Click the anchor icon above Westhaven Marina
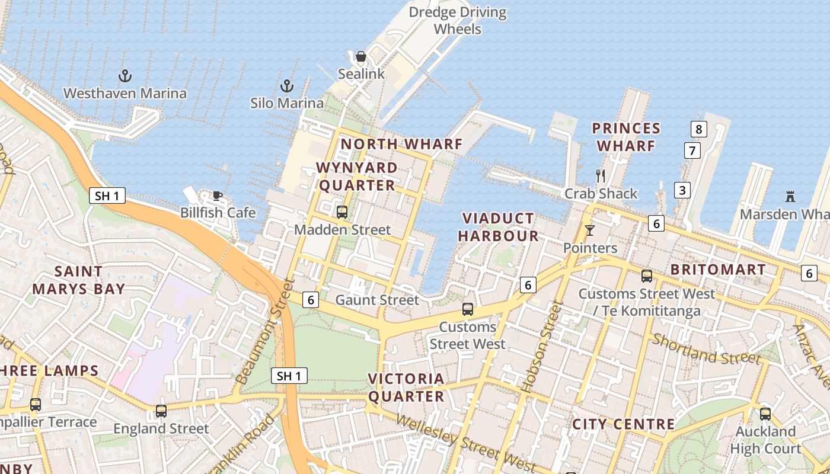pos(124,76)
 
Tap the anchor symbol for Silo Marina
pos(287,86)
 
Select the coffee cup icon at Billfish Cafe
pos(218,196)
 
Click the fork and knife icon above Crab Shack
pos(601,175)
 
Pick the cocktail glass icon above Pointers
pos(589,230)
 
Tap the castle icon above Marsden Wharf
pos(790,196)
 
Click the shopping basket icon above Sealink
pos(361,57)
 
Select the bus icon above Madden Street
pos(342,212)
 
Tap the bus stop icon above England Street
pos(161,411)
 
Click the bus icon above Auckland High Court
pos(765,414)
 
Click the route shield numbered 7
pos(692,150)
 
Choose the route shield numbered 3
pos(682,190)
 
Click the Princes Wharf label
pos(626,137)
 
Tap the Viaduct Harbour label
pos(498,228)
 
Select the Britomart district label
pos(718,270)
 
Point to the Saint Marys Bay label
pos(79,280)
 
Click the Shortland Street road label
pos(705,349)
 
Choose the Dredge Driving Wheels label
pos(458,21)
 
